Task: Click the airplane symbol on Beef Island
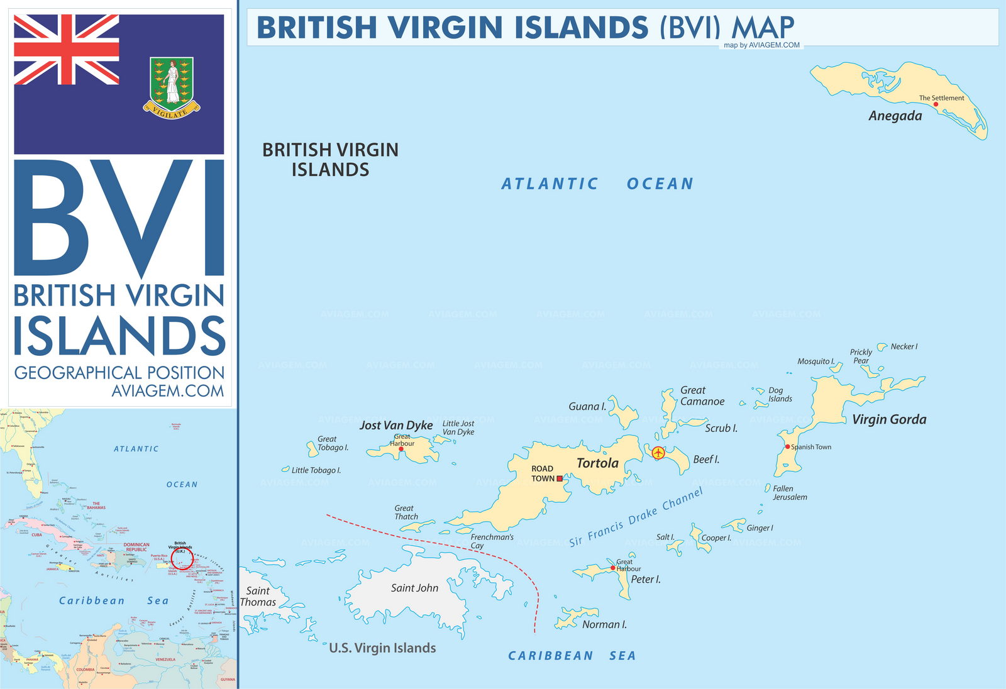658,453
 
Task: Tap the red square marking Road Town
560,478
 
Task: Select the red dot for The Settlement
936,104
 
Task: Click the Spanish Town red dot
787,447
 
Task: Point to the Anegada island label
895,116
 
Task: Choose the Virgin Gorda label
888,419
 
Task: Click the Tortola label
597,463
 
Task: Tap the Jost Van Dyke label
396,426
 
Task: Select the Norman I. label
604,624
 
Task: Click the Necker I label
904,346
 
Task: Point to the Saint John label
414,588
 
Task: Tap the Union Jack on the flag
66,50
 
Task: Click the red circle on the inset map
182,559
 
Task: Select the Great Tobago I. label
332,443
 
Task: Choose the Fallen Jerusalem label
789,493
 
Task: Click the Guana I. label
587,407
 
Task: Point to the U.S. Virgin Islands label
382,648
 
